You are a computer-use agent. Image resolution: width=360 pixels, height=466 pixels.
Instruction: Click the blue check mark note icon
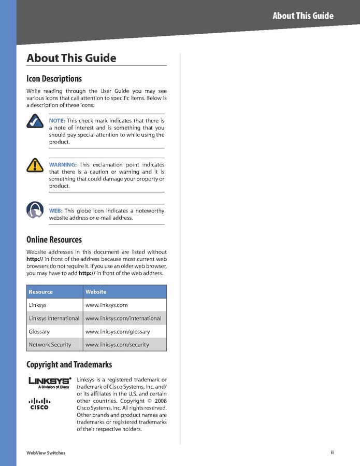click(x=34, y=121)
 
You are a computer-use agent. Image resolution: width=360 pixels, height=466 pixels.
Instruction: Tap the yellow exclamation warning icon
click(x=34, y=165)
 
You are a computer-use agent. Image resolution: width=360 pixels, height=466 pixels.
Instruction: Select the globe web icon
click(x=34, y=210)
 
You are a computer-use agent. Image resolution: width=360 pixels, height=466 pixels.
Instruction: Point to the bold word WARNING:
click(x=63, y=165)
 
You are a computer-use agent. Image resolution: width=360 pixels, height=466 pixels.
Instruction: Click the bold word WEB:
click(x=55, y=211)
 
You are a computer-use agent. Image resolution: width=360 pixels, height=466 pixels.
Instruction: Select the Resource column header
click(x=40, y=292)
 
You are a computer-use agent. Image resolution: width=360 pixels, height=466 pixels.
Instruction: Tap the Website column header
click(x=96, y=292)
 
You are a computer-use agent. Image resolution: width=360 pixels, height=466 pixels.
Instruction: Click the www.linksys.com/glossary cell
click(x=118, y=331)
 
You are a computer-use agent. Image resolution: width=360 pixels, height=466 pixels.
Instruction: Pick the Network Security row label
click(x=50, y=345)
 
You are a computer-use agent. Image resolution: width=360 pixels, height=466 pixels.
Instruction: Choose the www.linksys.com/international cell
click(x=123, y=318)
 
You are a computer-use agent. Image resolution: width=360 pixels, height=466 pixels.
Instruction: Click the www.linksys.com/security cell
click(x=117, y=345)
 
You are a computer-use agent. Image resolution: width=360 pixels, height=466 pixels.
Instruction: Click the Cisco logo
click(x=39, y=403)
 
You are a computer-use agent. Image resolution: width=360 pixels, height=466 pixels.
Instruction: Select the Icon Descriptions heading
click(x=54, y=79)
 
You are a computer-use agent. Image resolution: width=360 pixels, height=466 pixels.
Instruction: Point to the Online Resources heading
click(x=54, y=240)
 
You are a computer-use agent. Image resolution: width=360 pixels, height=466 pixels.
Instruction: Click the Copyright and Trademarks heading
click(x=69, y=365)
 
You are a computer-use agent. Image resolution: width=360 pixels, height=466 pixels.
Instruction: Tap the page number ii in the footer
click(x=332, y=453)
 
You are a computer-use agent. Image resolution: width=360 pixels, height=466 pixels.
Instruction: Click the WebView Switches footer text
click(x=46, y=453)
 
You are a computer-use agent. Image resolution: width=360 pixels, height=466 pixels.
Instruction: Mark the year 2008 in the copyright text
click(x=159, y=401)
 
